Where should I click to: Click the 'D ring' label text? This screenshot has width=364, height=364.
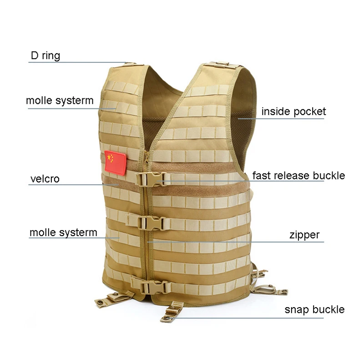[45, 56]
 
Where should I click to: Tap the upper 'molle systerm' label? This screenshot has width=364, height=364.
[60, 101]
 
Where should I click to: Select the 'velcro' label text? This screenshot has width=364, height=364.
[45, 179]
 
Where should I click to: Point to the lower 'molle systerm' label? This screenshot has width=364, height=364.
[63, 233]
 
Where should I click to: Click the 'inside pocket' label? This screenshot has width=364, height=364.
[293, 111]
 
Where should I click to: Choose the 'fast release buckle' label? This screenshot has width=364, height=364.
[298, 176]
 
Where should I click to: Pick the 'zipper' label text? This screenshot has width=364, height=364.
[304, 235]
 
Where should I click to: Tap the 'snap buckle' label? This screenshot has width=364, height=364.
[314, 310]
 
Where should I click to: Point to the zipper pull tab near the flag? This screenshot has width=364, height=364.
[146, 159]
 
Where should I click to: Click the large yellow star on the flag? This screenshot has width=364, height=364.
[110, 158]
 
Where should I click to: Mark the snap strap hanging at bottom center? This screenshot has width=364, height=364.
[174, 312]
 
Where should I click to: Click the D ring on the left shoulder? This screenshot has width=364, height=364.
[129, 64]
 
